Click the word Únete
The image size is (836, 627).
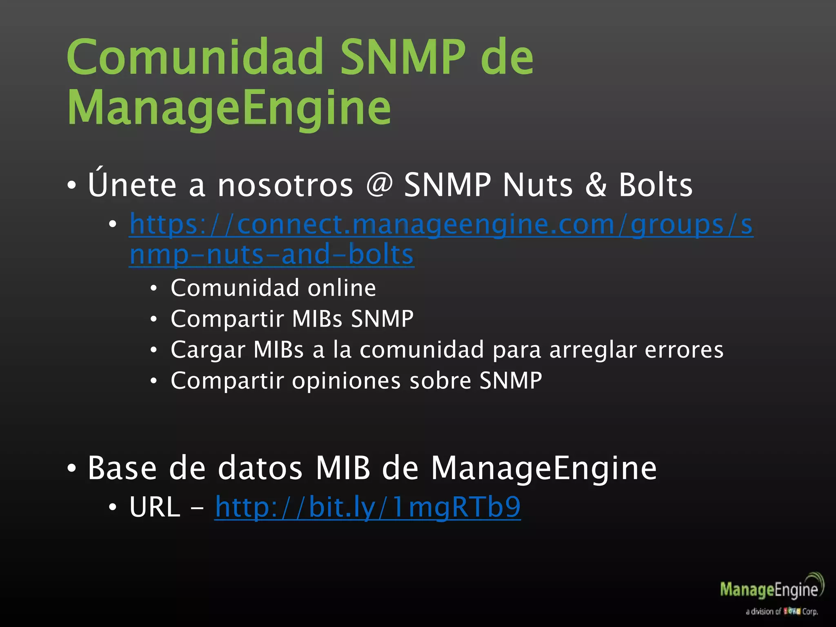pos(132,185)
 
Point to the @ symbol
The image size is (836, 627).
pos(379,185)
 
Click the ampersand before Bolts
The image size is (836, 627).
pos(596,185)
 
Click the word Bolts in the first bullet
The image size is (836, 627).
pos(656,185)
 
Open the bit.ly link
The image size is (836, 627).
pos(368,507)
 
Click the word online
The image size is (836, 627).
pos(342,288)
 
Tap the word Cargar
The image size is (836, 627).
pos(208,350)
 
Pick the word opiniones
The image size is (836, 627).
pos(347,381)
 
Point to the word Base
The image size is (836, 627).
pos(122,468)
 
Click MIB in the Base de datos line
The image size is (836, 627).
pos(343,468)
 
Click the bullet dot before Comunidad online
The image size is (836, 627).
pos(153,289)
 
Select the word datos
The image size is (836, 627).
pos(260,468)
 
